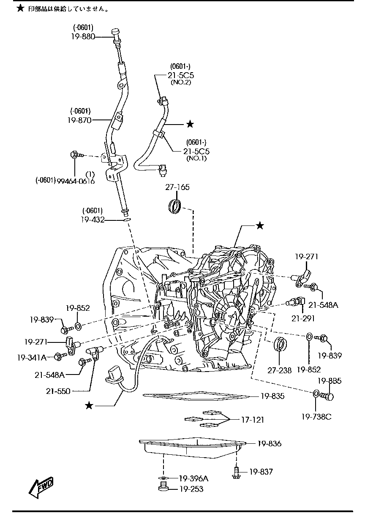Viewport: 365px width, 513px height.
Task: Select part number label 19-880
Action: (83, 36)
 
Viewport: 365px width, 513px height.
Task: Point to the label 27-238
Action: (279, 370)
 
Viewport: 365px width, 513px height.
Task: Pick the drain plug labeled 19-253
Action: (163, 489)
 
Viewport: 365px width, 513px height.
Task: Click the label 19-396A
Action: (193, 478)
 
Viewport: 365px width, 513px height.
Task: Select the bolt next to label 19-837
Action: (236, 472)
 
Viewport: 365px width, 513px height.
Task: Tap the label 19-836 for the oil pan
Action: (270, 444)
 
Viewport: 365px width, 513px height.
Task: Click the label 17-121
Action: (252, 420)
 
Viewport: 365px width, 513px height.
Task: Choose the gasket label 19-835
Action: (272, 396)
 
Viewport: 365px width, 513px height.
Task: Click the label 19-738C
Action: (316, 417)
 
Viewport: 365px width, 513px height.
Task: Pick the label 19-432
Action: (92, 220)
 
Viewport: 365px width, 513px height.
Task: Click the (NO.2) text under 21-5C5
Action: (181, 82)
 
